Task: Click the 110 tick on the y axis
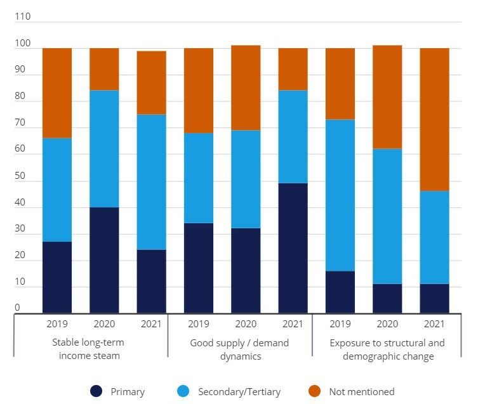tap(22, 16)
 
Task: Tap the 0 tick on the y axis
tap(17, 308)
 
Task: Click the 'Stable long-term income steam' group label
tap(89, 349)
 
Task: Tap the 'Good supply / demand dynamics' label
tap(239, 349)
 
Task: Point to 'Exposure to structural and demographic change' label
tap(388, 349)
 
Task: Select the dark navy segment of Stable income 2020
tap(104, 260)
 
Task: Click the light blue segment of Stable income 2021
tap(152, 182)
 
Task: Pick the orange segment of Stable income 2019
tap(57, 93)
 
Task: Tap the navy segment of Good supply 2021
tap(293, 248)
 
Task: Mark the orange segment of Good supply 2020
tap(246, 88)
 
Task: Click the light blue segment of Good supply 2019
tap(199, 178)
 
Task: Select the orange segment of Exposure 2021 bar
tap(434, 120)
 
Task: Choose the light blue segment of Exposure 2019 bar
tap(340, 195)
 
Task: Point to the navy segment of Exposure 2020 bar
tap(387, 298)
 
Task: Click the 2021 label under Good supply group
tap(293, 323)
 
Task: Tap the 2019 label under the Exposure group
tap(340, 323)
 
